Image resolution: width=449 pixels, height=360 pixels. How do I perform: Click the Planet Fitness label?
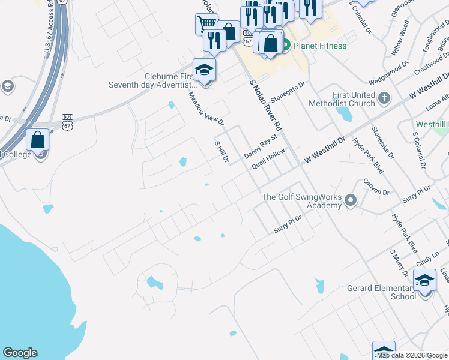click(x=320, y=46)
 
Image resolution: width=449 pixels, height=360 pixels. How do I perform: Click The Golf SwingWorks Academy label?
click(x=302, y=201)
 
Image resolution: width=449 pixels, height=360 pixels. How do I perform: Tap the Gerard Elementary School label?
click(x=382, y=292)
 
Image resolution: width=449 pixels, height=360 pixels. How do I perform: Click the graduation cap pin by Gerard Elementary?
click(x=425, y=280)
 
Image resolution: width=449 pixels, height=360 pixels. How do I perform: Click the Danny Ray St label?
click(x=260, y=146)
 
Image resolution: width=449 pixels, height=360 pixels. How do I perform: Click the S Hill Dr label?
click(x=221, y=152)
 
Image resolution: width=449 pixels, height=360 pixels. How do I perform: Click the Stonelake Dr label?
click(x=382, y=143)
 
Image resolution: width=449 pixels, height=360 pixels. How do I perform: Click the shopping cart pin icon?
click(x=206, y=24)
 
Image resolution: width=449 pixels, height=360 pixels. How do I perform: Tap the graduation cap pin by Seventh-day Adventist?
click(x=204, y=70)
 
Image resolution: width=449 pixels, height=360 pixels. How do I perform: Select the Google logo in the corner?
click(x=20, y=353)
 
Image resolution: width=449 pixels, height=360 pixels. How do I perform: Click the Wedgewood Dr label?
click(x=388, y=72)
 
